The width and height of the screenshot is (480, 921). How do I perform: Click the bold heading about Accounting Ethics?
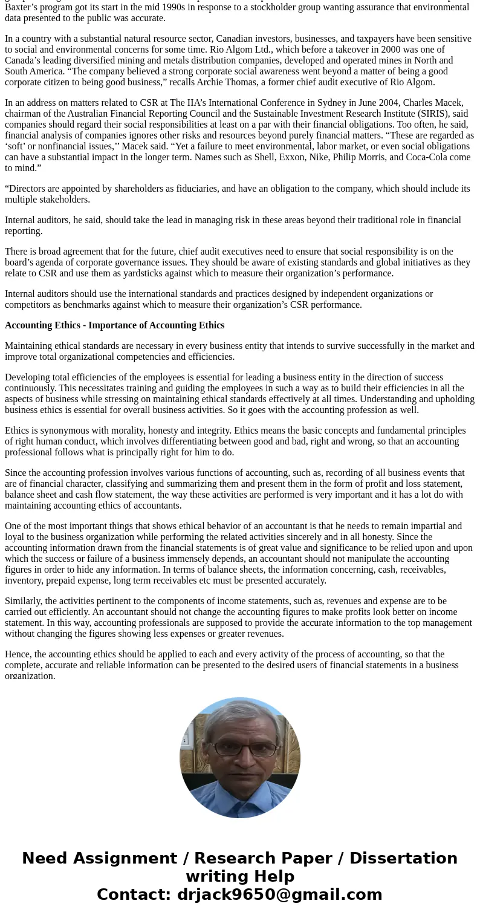coord(115,325)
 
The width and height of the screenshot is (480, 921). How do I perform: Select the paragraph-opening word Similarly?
coord(23,601)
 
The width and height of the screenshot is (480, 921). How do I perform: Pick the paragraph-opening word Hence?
coord(18,654)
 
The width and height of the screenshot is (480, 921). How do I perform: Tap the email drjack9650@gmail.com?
coord(280,895)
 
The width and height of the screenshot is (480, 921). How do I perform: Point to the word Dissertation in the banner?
coord(403,859)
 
